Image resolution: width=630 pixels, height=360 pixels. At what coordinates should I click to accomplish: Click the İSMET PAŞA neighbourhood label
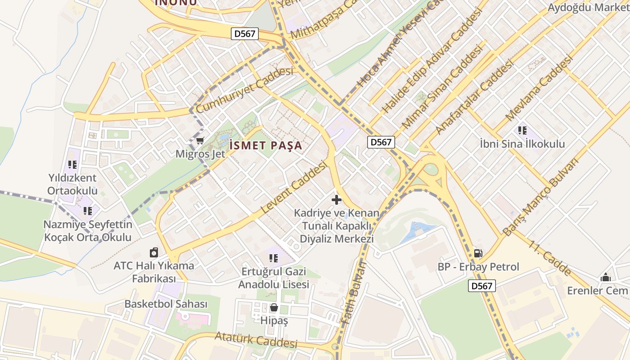pyautogui.click(x=265, y=145)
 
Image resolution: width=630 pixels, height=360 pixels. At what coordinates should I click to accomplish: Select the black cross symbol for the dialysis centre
pyautogui.click(x=336, y=199)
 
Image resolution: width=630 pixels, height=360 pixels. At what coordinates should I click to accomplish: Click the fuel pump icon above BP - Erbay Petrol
pyautogui.click(x=478, y=254)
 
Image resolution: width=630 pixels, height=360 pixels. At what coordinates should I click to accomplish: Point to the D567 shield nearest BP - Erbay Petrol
pyautogui.click(x=481, y=285)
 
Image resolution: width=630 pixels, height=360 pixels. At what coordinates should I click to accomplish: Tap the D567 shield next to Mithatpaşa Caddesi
pyautogui.click(x=245, y=34)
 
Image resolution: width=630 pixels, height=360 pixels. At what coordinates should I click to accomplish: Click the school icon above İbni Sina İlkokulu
pyautogui.click(x=522, y=130)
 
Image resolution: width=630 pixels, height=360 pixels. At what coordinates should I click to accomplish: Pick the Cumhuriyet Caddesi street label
pyautogui.click(x=244, y=90)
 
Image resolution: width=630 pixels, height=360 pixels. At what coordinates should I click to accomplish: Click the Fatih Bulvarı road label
pyautogui.click(x=354, y=292)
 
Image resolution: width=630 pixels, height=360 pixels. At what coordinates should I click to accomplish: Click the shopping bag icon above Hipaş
pyautogui.click(x=274, y=308)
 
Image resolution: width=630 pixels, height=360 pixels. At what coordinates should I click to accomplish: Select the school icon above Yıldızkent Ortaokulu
pyautogui.click(x=72, y=165)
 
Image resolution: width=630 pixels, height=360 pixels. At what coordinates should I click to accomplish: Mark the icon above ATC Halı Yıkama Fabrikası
pyautogui.click(x=154, y=252)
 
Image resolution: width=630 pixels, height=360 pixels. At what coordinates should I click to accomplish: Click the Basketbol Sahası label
pyautogui.click(x=166, y=304)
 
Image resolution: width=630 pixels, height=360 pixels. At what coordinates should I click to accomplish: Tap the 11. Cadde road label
pyautogui.click(x=550, y=258)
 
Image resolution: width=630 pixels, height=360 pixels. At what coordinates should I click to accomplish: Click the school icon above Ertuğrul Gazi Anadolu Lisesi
pyautogui.click(x=273, y=258)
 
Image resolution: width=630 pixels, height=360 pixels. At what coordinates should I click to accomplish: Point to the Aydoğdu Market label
pyautogui.click(x=588, y=7)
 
